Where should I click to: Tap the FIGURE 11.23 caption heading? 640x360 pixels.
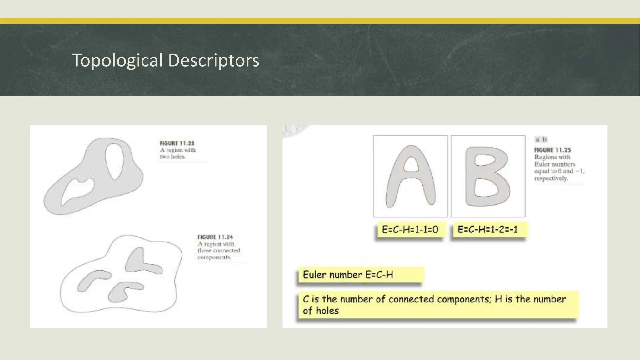tap(177, 143)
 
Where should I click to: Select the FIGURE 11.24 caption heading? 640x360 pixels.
tap(215, 237)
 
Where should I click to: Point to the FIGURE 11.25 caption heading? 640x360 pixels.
tap(552, 150)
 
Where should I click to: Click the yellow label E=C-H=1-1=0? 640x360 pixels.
tap(410, 230)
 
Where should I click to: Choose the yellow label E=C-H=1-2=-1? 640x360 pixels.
tap(488, 230)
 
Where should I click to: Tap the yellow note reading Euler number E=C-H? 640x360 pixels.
tap(348, 275)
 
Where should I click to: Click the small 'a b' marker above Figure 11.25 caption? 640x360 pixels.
tap(541, 139)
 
